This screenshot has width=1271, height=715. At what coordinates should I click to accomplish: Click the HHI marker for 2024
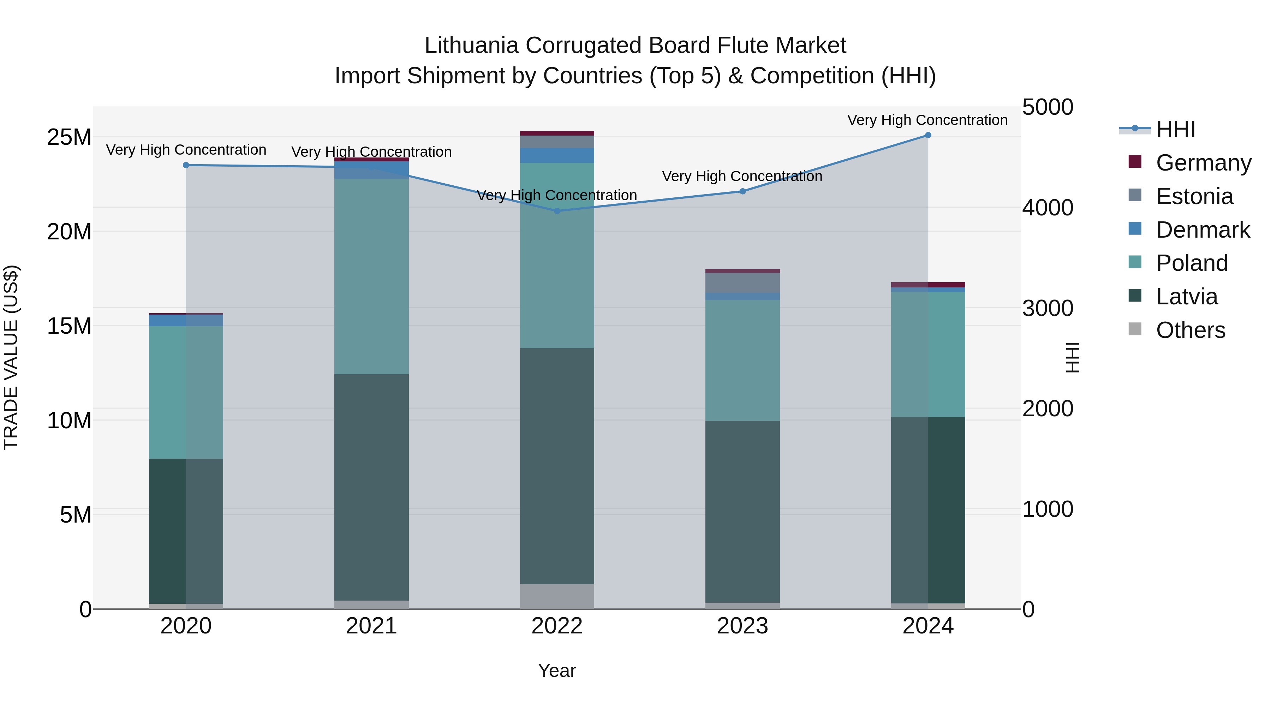coord(927,135)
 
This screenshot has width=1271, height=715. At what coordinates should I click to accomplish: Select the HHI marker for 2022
coord(557,211)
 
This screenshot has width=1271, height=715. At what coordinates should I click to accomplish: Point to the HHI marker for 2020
coord(186,165)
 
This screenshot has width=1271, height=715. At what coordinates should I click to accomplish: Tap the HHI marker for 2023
coord(742,191)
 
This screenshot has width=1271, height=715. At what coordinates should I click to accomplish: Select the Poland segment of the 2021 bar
coord(371,276)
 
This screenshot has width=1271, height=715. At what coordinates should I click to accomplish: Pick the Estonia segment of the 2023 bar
coord(742,283)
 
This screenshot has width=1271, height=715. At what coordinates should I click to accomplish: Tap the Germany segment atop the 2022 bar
coord(557,133)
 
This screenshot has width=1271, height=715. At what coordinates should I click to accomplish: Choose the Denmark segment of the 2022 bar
coord(557,155)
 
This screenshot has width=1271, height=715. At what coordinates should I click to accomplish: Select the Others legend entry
coord(1190,330)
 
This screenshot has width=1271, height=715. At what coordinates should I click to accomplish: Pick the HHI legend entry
coord(1175,129)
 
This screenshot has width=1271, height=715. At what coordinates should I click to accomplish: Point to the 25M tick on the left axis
coord(69,137)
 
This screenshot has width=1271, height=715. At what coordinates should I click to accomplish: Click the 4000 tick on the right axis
coord(1048,208)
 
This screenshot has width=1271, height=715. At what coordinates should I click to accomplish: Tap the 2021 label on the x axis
coord(371,626)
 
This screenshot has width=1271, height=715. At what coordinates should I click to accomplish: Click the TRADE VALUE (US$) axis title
coord(11,357)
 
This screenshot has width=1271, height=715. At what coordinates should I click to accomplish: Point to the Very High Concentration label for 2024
coord(927,120)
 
